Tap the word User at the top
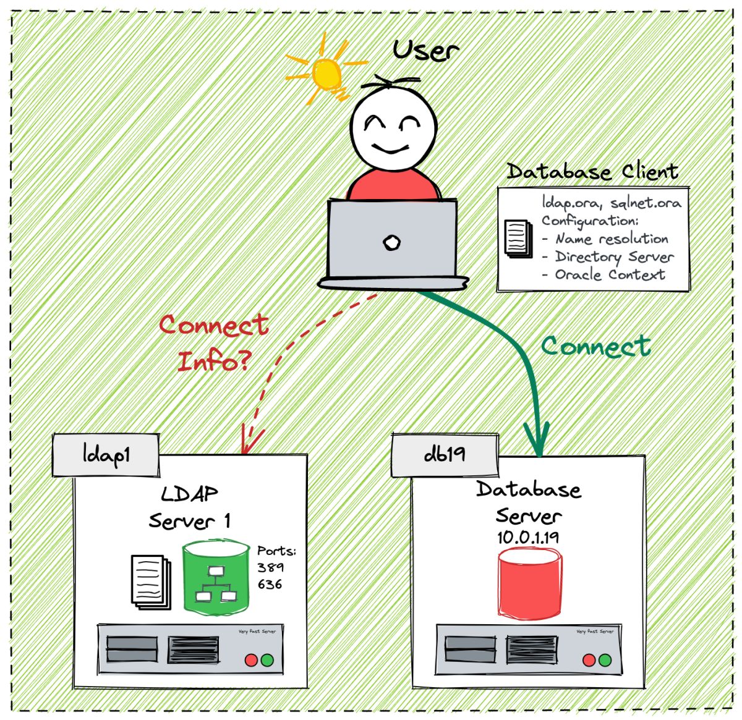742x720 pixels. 425,49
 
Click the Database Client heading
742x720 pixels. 592,171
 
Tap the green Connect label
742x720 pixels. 595,346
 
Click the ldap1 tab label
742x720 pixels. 106,455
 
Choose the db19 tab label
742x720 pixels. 445,454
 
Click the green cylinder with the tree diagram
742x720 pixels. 216,577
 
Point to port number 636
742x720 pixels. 270,584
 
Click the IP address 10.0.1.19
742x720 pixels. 527,537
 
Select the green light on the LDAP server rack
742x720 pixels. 267,660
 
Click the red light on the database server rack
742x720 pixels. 589,660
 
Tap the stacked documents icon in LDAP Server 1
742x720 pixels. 150,582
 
